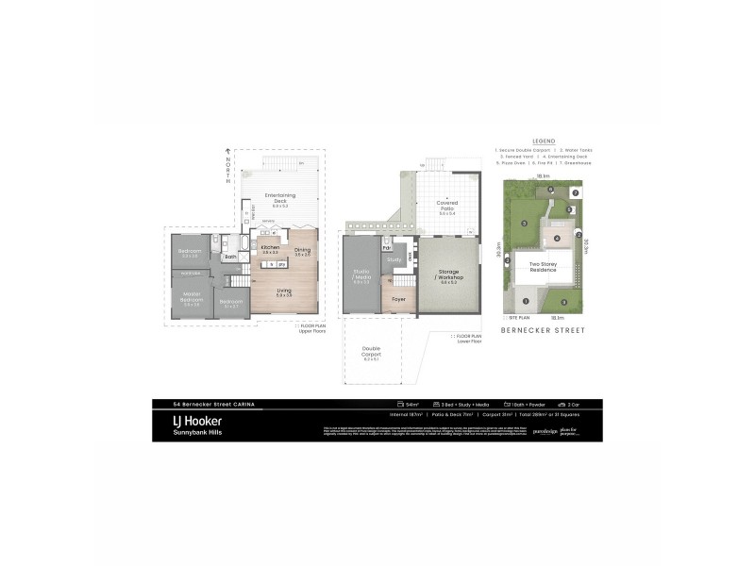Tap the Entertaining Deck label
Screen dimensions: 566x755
[280, 197]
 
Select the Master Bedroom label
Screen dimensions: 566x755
[192, 299]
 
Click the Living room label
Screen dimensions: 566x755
[284, 291]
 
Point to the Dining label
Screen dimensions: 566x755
[302, 250]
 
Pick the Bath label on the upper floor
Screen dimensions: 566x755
[229, 256]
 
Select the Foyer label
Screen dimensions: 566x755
[399, 304]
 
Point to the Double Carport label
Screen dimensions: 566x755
[371, 354]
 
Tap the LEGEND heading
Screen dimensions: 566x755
[543, 139]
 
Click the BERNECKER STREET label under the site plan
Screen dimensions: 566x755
[543, 331]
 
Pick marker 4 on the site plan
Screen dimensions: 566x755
[557, 238]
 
